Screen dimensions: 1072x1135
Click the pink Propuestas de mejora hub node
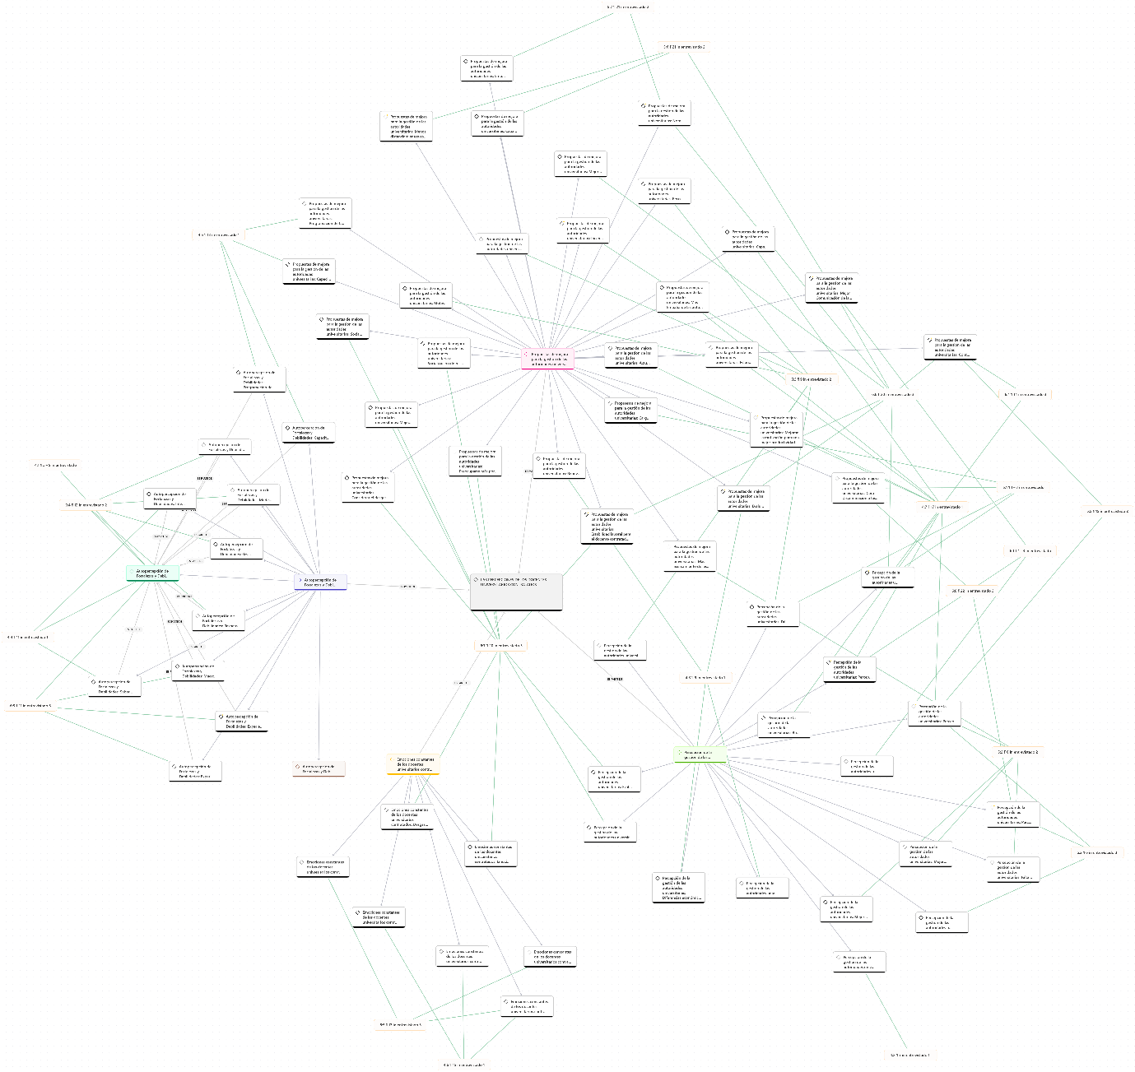point(547,359)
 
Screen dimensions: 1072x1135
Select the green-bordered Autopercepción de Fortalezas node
point(152,573)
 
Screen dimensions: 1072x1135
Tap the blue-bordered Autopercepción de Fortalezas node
point(320,582)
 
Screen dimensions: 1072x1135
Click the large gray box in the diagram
point(516,592)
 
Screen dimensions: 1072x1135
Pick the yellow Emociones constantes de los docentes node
point(413,764)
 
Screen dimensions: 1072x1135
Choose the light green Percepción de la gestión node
point(700,754)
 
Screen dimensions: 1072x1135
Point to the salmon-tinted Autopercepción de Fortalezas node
point(319,768)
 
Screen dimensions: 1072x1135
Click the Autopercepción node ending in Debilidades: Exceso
point(242,722)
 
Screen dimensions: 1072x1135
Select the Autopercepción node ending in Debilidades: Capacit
point(309,433)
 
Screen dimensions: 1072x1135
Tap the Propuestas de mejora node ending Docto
point(342,327)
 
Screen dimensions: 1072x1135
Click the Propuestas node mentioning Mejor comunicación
point(831,288)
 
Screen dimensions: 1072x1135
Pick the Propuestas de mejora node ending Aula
point(630,355)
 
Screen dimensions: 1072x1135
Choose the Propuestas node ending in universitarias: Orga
point(631,411)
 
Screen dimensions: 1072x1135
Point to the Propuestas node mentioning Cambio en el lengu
point(368,487)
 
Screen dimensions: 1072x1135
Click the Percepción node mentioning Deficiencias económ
point(679,888)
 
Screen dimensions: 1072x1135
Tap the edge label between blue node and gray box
point(407,587)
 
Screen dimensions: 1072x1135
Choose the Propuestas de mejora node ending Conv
point(950,347)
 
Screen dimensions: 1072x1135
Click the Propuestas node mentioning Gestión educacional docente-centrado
point(607,527)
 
